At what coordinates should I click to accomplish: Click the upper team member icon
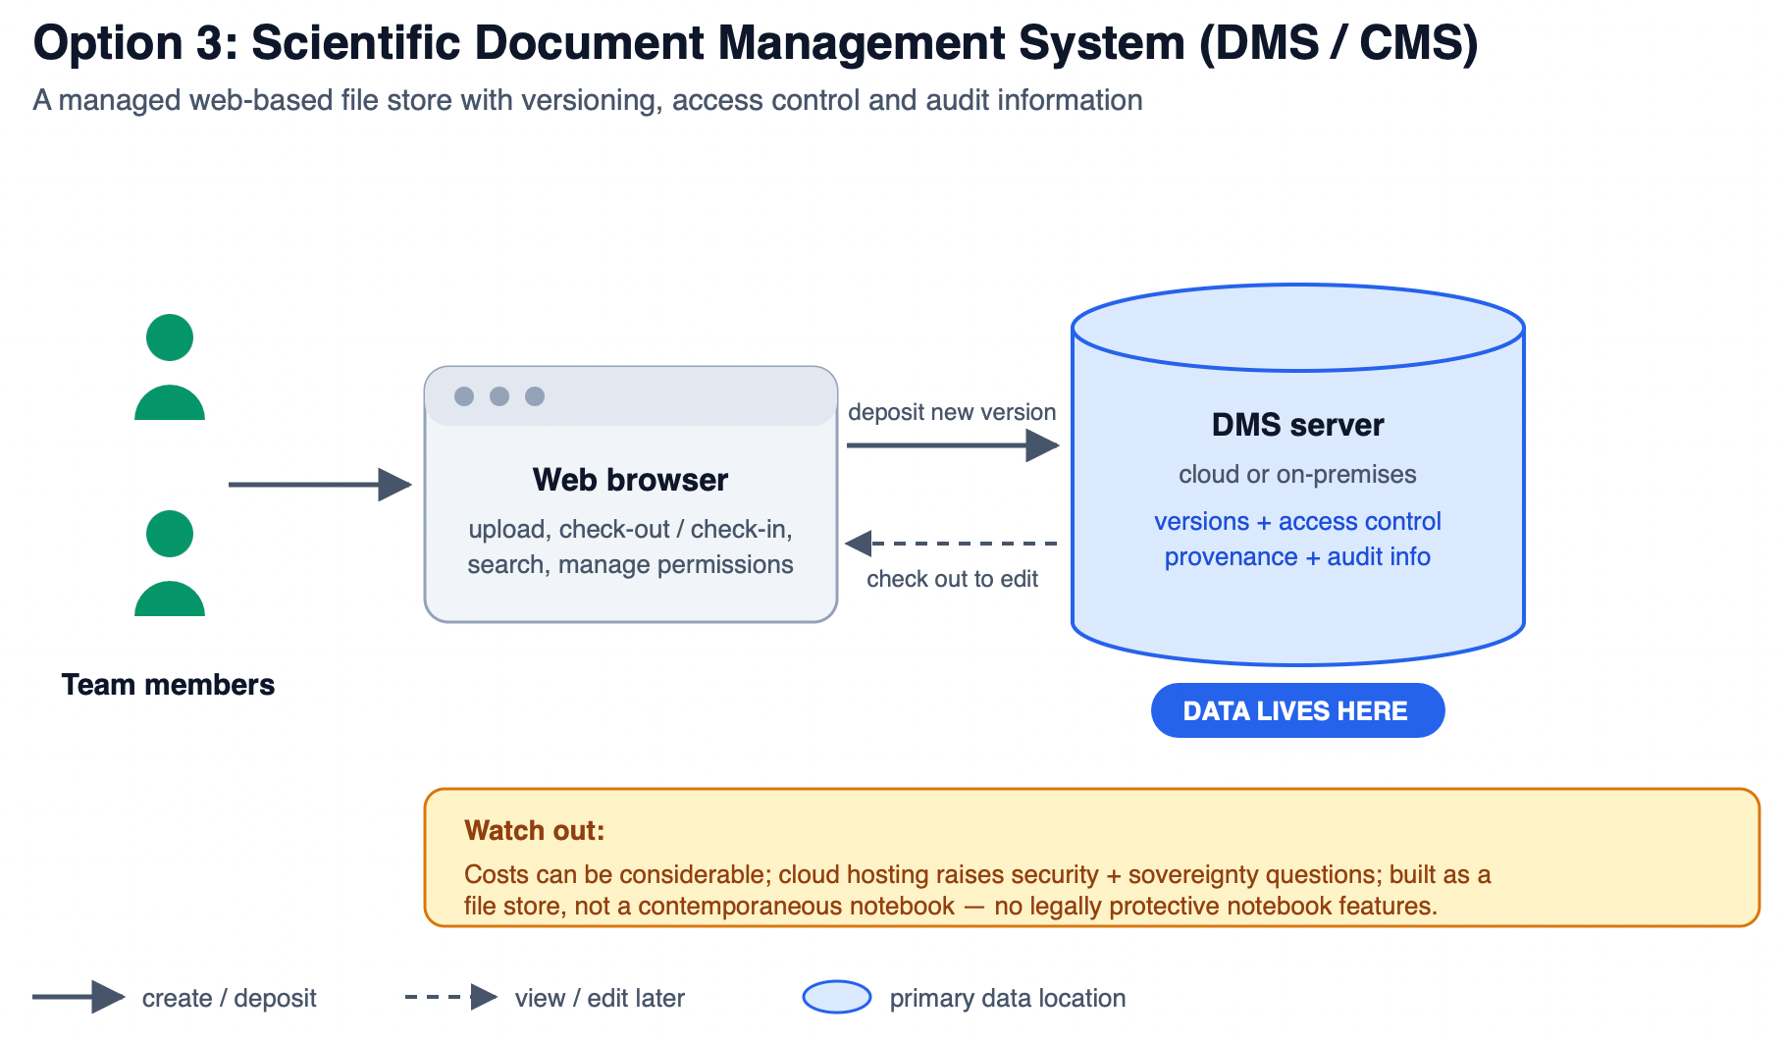170,367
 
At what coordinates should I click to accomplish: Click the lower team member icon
170,563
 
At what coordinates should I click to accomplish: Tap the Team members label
168,684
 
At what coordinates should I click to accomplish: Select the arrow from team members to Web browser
320,484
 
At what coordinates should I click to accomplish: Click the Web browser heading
630,480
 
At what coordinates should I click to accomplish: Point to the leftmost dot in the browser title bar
464,396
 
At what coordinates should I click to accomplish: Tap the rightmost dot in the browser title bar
535,396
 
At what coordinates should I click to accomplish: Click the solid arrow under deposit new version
953,445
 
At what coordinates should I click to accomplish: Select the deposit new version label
952,412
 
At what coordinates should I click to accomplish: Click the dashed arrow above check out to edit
951,543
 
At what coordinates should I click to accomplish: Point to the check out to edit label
952,579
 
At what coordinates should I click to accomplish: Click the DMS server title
1297,425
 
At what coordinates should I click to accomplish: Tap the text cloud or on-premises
1297,475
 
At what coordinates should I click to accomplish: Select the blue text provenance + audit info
1297,557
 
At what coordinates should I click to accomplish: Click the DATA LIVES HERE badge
1297,710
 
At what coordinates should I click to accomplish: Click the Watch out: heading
535,831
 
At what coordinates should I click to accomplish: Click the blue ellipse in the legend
837,997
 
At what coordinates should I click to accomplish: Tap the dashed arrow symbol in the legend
451,997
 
